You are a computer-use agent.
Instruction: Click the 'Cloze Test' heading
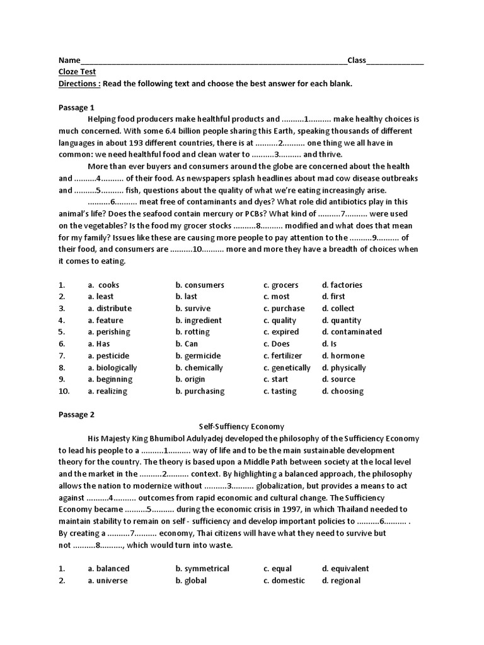[x=77, y=72]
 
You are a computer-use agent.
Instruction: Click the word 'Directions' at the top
[x=78, y=84]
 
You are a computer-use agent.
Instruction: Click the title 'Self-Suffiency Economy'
[x=242, y=426]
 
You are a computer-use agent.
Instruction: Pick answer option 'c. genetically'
[x=287, y=367]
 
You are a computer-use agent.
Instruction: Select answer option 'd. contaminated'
[x=352, y=331]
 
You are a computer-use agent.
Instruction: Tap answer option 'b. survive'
[x=193, y=308]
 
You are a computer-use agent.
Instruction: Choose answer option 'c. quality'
[x=279, y=320]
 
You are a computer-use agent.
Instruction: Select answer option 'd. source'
[x=338, y=379]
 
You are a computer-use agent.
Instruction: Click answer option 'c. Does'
[x=276, y=344]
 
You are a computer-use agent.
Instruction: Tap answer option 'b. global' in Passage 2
[x=191, y=580]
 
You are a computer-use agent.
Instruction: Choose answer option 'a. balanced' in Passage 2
[x=108, y=568]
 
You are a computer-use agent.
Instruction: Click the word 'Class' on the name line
[x=356, y=60]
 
